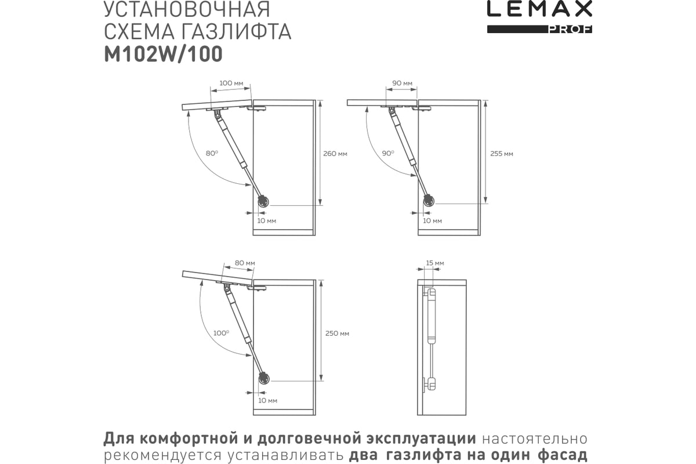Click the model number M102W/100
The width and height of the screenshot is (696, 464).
click(162, 53)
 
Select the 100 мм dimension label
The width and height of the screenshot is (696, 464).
click(231, 84)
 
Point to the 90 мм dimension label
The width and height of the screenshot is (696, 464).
click(402, 84)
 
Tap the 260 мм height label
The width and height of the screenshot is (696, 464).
click(335, 154)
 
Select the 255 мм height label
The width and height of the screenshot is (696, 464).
click(502, 154)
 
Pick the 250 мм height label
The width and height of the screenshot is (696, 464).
click(337, 333)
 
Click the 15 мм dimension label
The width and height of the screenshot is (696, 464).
click(435, 263)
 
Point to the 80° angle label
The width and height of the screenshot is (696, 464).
click(212, 153)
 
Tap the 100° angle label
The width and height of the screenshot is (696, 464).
click(220, 333)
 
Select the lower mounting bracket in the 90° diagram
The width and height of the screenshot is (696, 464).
click(428, 201)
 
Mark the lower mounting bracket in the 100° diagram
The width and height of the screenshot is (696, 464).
click(263, 378)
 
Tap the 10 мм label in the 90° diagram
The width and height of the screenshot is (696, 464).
click(432, 221)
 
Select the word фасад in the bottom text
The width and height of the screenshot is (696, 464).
click(563, 454)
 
